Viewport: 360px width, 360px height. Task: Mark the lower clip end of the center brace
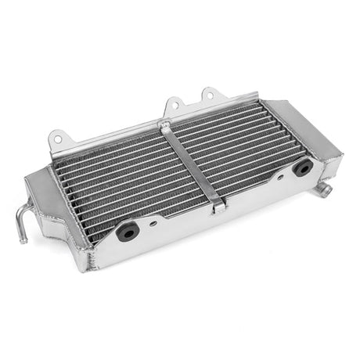(x=218, y=207)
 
